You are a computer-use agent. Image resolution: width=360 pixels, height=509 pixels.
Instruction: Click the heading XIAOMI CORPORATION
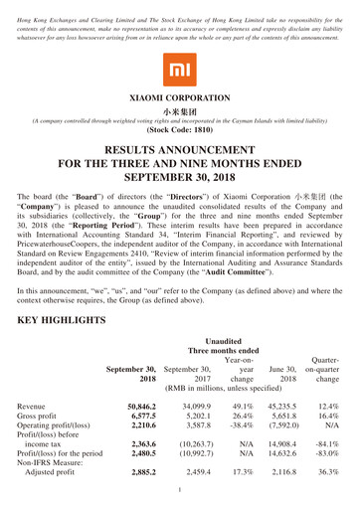click(x=179, y=99)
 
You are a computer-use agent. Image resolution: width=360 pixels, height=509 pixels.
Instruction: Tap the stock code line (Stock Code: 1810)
click(x=179, y=128)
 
